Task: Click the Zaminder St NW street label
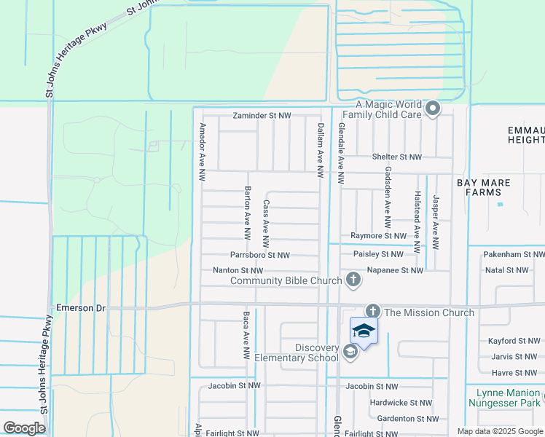point(262,116)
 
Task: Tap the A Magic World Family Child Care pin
point(433,110)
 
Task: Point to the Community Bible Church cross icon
point(353,279)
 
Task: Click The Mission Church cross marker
point(372,311)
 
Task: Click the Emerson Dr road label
point(80,308)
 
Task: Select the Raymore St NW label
point(377,236)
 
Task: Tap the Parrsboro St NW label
point(259,255)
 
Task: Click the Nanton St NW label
point(237,270)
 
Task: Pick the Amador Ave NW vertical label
point(202,151)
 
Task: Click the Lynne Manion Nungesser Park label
point(503,397)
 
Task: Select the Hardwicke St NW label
point(401,402)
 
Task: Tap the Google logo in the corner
point(24,428)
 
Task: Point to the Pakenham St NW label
point(514,255)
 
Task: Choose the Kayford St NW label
point(514,341)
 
